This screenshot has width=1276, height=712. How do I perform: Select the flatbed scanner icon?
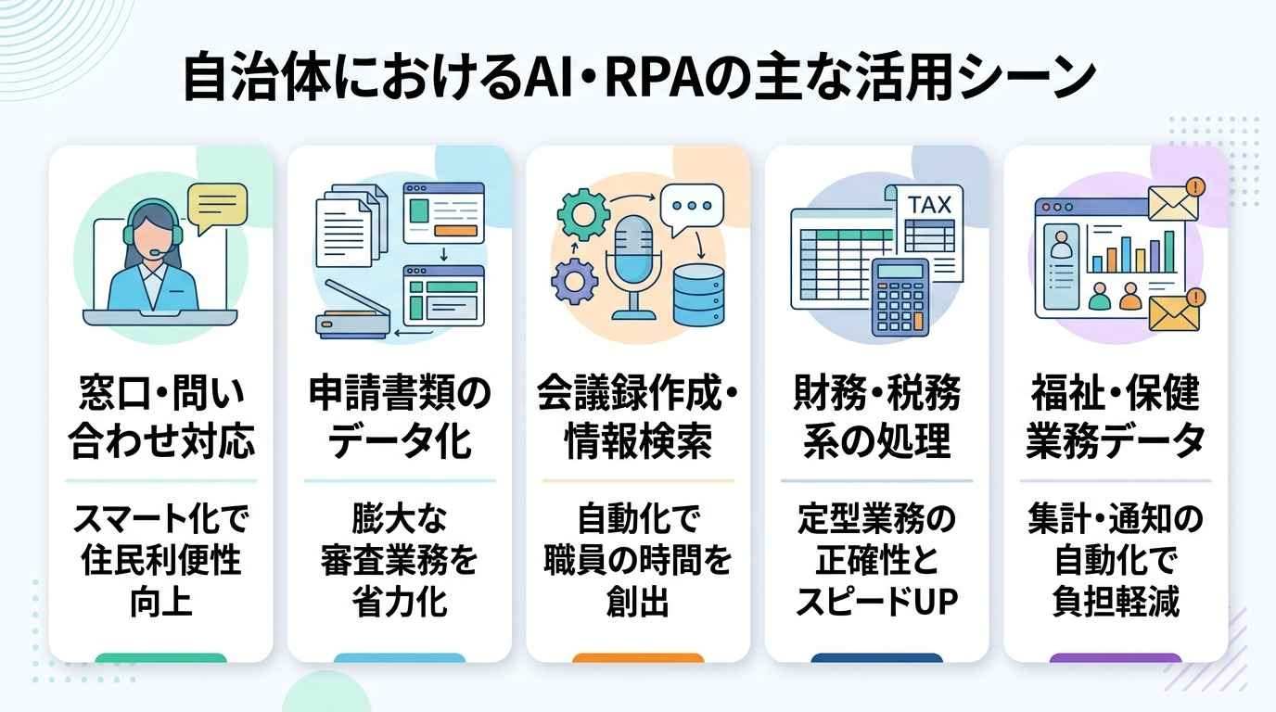click(353, 312)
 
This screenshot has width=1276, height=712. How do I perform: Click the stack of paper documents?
click(351, 226)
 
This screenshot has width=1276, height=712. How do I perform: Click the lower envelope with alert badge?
click(1176, 310)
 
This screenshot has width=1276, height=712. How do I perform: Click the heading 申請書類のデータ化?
click(400, 417)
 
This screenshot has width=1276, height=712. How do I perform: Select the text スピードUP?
click(876, 602)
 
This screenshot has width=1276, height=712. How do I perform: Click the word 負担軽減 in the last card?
click(1116, 602)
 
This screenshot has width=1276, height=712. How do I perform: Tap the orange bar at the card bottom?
click(638, 658)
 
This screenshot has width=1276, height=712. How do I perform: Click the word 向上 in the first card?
click(161, 602)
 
